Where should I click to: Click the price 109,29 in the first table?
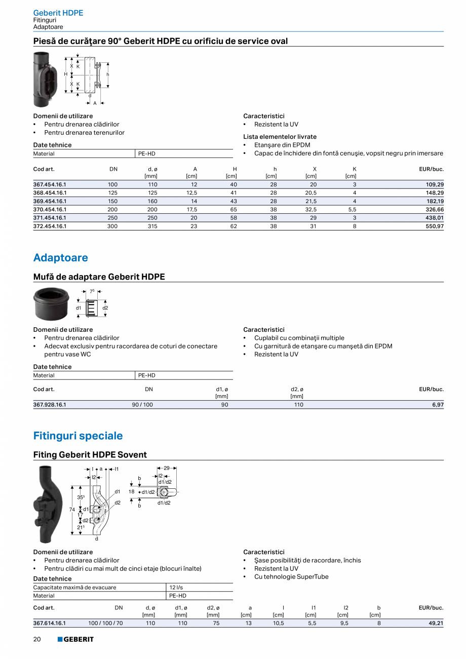[x=435, y=185]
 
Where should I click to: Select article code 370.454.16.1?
[x=50, y=210]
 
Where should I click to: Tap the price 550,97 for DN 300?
[x=435, y=226]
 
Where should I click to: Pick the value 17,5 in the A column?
[x=192, y=210]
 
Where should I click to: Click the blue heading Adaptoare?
[x=60, y=258]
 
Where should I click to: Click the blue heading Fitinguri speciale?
[x=78, y=436]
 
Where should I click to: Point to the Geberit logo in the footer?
[x=75, y=639]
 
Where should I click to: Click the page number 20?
[x=37, y=639]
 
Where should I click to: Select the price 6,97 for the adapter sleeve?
[x=438, y=405]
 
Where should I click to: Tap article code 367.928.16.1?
[x=50, y=405]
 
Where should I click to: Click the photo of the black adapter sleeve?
[x=51, y=304]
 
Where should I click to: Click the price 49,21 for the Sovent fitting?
[x=436, y=624]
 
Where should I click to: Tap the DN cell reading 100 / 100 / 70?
[x=105, y=624]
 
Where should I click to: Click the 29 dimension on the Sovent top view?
[x=167, y=469]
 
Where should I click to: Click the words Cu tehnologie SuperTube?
[x=291, y=577]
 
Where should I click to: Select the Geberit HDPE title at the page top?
[x=58, y=13]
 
